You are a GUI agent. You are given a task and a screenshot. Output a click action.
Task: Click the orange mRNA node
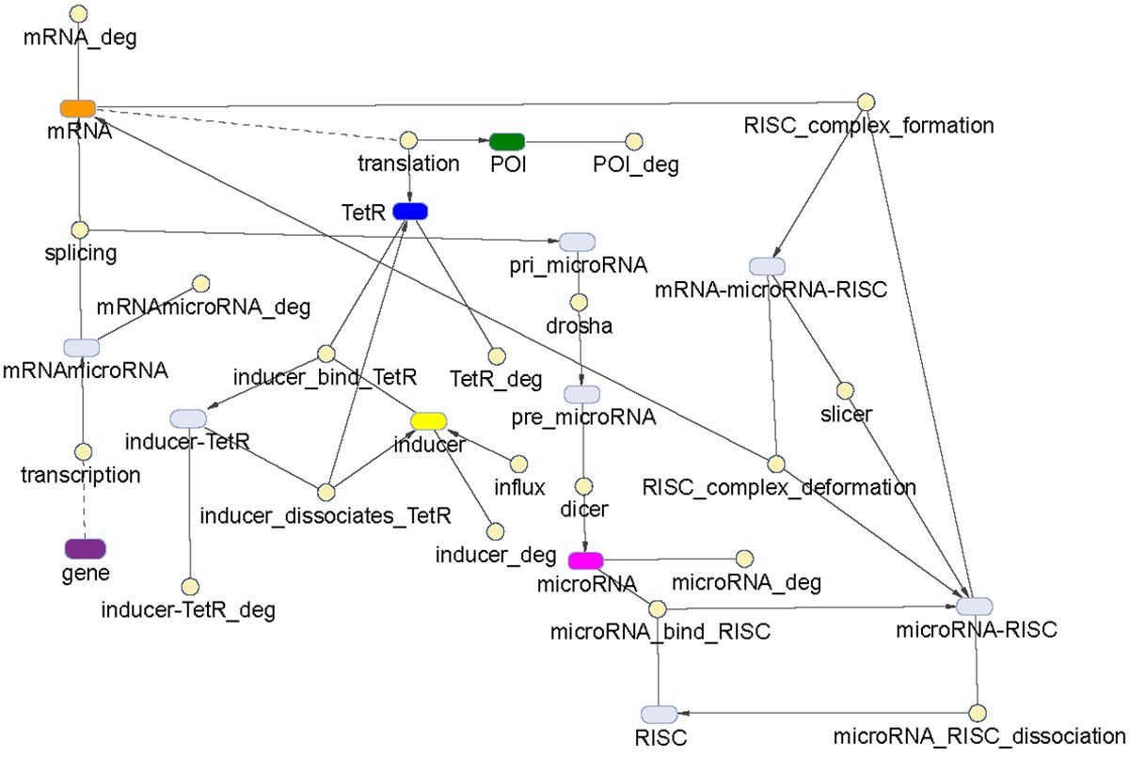click(x=77, y=106)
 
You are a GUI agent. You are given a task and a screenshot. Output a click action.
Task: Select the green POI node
click(x=507, y=141)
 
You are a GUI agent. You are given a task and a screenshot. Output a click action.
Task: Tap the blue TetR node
click(x=410, y=212)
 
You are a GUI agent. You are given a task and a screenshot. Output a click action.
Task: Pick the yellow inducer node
click(x=428, y=420)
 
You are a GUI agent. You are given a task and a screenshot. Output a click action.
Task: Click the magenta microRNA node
click(x=586, y=560)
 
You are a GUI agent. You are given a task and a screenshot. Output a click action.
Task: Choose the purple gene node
click(x=84, y=548)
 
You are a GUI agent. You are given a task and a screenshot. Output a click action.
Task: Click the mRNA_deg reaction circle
click(x=79, y=14)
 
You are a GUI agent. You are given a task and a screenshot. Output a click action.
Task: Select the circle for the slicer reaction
click(x=845, y=389)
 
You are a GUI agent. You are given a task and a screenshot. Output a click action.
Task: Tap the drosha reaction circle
click(x=579, y=303)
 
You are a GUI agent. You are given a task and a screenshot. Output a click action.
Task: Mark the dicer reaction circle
click(x=583, y=485)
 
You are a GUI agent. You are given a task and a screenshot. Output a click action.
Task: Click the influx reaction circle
click(x=517, y=465)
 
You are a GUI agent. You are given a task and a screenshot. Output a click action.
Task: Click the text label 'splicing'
click(x=80, y=254)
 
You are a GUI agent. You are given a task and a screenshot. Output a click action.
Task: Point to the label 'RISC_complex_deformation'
click(x=778, y=487)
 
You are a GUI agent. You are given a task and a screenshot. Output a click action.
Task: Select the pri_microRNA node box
click(x=577, y=242)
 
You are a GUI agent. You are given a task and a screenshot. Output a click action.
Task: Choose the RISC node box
click(x=659, y=714)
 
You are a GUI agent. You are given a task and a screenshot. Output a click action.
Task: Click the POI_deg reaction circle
click(x=635, y=141)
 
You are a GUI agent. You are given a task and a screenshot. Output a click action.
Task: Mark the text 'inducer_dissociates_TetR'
click(x=326, y=515)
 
